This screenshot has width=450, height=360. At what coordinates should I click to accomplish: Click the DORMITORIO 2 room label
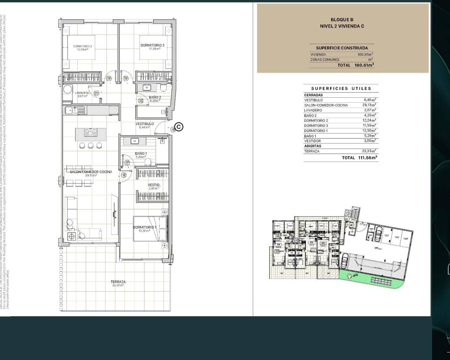(83, 46)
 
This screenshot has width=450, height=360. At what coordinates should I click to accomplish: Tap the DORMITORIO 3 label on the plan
(153, 45)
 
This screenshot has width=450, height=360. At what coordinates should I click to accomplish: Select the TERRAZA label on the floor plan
(118, 282)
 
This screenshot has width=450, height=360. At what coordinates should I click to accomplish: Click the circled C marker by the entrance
(179, 127)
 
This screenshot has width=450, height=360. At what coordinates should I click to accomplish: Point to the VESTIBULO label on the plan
(144, 124)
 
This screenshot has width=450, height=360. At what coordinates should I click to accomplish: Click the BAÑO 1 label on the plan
(141, 154)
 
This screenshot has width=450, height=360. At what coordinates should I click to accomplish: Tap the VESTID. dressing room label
(154, 185)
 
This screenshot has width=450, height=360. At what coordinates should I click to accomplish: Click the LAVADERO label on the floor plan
(82, 93)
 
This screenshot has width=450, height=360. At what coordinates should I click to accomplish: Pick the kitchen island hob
(91, 133)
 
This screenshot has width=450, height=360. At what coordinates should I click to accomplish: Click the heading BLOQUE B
(342, 20)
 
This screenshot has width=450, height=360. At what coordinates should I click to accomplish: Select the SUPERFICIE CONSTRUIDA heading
(342, 48)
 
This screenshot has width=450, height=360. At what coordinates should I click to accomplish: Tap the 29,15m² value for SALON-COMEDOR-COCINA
(369, 105)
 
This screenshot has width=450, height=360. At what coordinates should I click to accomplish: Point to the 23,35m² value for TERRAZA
(369, 151)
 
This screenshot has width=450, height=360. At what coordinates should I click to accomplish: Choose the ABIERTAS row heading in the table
(313, 146)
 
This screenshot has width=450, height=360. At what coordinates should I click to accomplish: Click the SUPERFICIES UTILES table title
(341, 89)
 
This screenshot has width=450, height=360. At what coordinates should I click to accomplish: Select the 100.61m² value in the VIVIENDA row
(365, 54)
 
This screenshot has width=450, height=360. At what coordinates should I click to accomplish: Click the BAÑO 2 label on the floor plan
(155, 97)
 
